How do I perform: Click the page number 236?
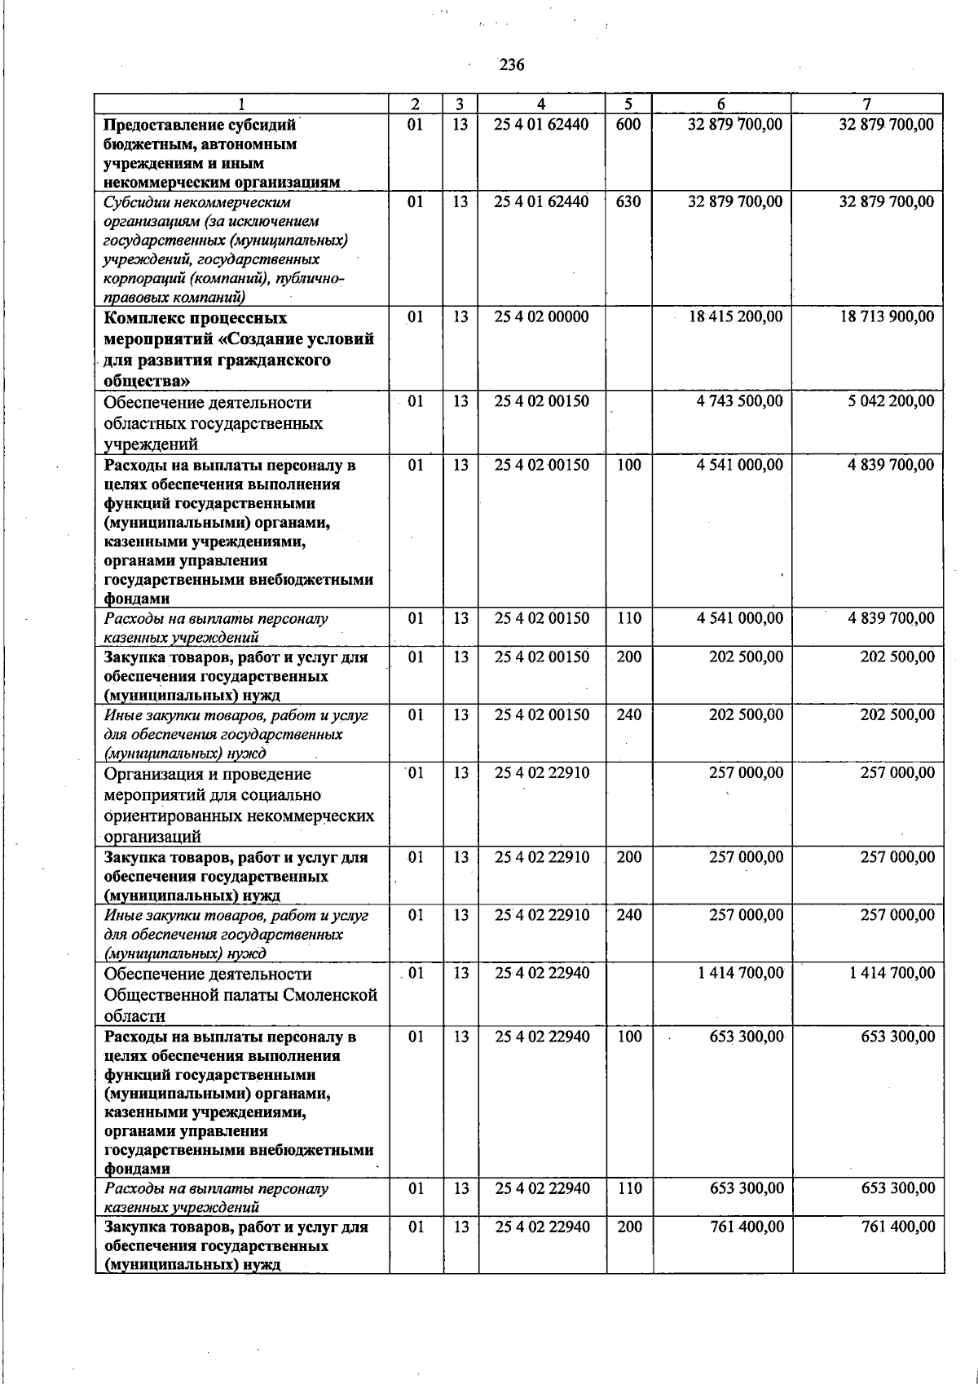tap(511, 65)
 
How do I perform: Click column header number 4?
tap(541, 104)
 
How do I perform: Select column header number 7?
tap(867, 104)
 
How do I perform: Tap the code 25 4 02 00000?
tap(541, 316)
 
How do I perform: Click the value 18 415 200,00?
tap(735, 316)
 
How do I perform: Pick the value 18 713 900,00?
tap(887, 316)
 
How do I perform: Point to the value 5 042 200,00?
tap(891, 401)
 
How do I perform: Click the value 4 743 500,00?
tap(739, 401)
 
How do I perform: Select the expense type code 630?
tap(628, 201)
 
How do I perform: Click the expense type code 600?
tap(628, 125)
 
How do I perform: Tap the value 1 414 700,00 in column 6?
tap(740, 973)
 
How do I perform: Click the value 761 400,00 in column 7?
tap(898, 1227)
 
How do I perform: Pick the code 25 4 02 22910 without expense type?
tap(541, 772)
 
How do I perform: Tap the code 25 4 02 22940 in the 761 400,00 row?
tap(541, 1227)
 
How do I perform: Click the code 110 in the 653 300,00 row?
tap(629, 1188)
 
